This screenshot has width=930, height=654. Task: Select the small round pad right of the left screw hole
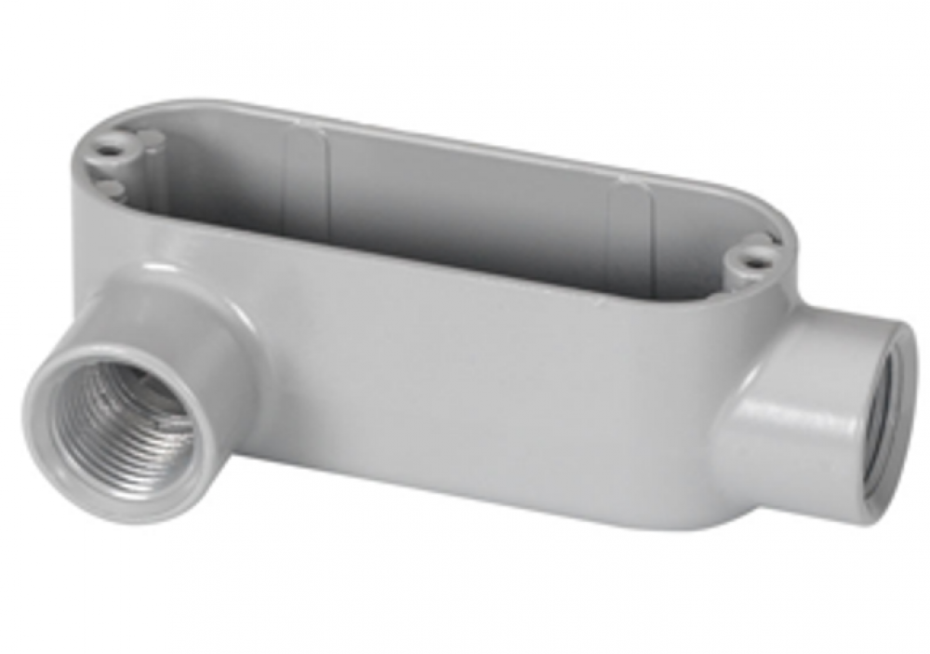pos(149,140)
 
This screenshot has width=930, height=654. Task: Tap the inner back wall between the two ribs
pos(465,200)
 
